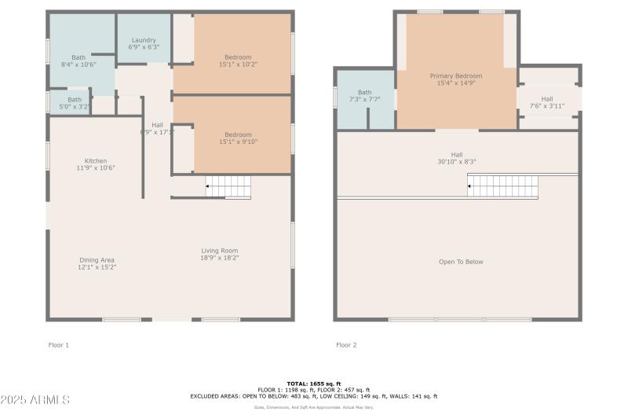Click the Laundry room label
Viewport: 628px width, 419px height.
coord(144,40)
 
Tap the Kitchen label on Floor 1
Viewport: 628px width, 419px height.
coord(96,160)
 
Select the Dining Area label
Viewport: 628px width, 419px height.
coord(97,259)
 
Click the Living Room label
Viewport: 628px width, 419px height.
coord(219,251)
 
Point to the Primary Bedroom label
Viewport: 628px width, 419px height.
coord(455,75)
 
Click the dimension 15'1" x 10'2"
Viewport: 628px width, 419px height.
coord(238,64)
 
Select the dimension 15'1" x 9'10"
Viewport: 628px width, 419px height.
coord(238,142)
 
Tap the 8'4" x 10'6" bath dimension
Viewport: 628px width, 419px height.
coord(78,64)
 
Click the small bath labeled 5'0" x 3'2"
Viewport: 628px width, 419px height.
coord(74,104)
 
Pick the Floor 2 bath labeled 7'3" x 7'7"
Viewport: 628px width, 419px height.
coord(364,96)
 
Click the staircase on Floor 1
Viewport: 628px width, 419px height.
coord(228,187)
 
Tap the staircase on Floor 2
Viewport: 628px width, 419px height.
coord(503,187)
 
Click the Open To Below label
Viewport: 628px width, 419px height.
coord(461,262)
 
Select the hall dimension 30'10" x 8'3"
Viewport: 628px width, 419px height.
coord(457,162)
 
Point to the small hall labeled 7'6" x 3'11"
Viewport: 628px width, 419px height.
coord(547,102)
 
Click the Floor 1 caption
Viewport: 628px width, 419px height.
coord(59,345)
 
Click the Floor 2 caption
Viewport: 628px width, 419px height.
coord(346,345)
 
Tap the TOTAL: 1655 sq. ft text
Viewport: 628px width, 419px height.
coord(313,383)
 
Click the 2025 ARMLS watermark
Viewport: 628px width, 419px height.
coord(35,400)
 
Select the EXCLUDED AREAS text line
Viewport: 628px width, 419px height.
coord(313,396)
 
